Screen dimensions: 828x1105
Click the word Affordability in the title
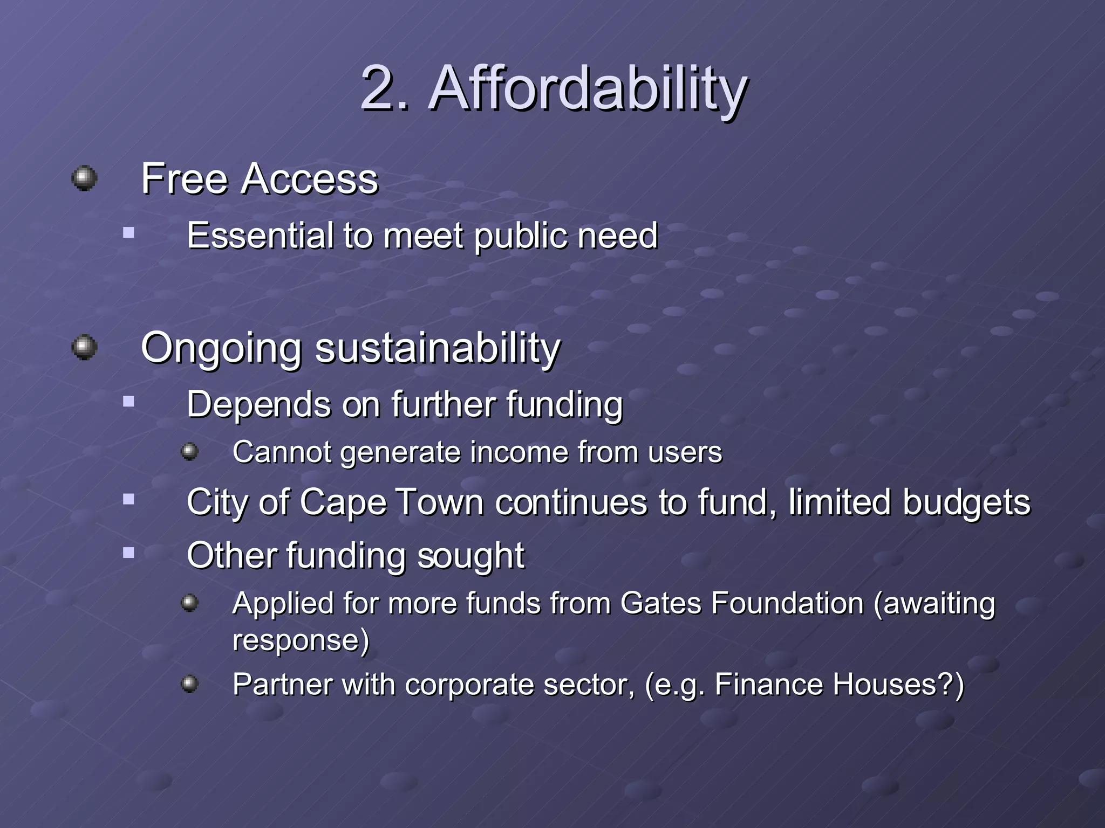pyautogui.click(x=588, y=89)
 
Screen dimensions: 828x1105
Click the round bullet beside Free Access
pyautogui.click(x=84, y=178)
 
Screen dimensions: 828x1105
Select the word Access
pyautogui.click(x=310, y=179)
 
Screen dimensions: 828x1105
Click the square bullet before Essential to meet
pyautogui.click(x=128, y=233)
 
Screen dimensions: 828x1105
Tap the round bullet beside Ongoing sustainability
pyautogui.click(x=84, y=347)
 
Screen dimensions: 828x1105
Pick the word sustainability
pyautogui.click(x=438, y=349)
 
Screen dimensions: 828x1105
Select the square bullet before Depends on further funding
pyautogui.click(x=128, y=402)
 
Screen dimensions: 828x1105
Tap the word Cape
pyautogui.click(x=343, y=502)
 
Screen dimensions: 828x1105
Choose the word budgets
pyautogui.click(x=966, y=502)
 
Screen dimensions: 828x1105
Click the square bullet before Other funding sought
pyautogui.click(x=128, y=553)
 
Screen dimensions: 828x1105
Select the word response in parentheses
pyautogui.click(x=296, y=640)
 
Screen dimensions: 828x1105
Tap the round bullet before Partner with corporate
pyautogui.click(x=189, y=684)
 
